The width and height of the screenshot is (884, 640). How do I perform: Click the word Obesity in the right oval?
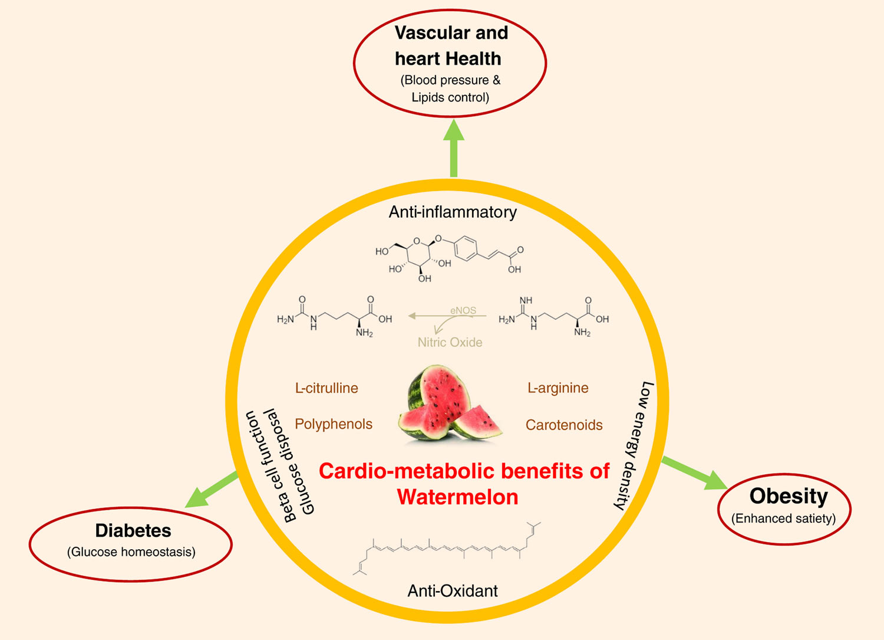point(789,496)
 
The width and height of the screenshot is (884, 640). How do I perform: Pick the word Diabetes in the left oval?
point(133,530)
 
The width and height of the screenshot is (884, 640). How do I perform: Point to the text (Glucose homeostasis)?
point(131,552)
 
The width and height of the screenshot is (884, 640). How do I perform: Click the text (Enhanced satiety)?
point(784,518)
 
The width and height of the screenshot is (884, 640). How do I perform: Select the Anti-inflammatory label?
point(453,212)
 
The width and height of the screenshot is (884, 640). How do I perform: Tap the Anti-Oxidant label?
point(453,590)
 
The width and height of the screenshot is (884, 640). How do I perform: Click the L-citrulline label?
point(326,388)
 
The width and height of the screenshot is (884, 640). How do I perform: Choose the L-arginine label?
point(558,388)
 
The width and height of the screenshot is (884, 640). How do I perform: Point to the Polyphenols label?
point(334,424)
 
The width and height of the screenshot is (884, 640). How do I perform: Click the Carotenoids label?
point(564,425)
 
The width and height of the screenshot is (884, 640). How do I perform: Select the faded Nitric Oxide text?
point(450,342)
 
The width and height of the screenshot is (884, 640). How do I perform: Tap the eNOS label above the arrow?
point(463,310)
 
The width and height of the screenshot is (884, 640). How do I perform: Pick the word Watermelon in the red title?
point(457,497)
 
